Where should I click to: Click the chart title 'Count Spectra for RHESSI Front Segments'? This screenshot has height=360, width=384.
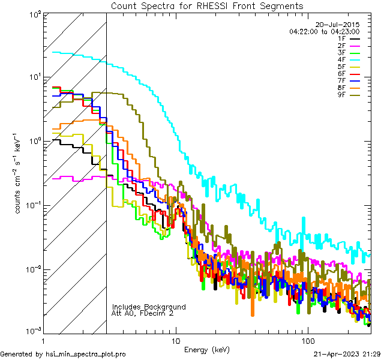tap(207, 6)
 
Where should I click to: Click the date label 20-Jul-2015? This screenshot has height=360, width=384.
tap(337, 25)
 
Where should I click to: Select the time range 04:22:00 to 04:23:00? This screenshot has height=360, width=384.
tap(324, 31)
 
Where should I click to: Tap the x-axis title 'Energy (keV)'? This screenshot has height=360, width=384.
tap(207, 349)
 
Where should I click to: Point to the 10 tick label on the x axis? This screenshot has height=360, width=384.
tap(175, 340)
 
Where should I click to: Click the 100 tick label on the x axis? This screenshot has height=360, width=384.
tap(307, 340)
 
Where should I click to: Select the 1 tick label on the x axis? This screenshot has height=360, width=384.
tap(43, 340)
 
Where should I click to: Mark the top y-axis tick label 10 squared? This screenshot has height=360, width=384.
tap(34, 14)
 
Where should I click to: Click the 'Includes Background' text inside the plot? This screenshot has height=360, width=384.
tap(149, 307)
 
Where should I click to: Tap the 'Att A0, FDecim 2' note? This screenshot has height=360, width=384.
tap(142, 313)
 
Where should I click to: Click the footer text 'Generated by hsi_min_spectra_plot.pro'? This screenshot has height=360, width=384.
tap(63, 354)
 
